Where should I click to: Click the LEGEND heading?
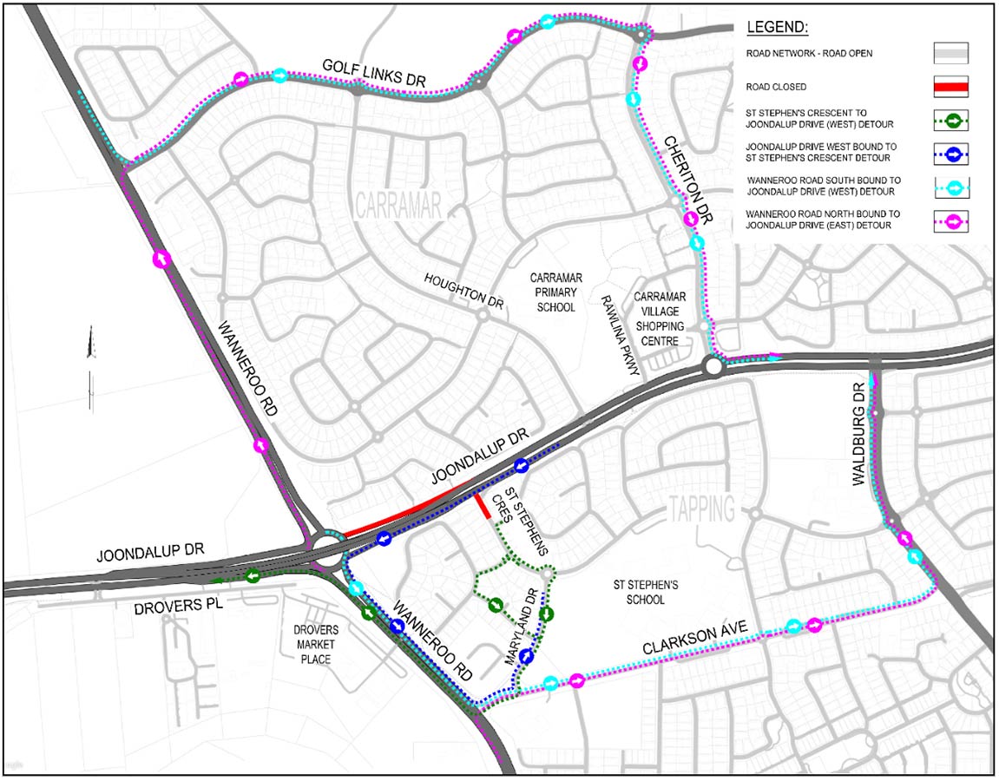[x=777, y=27]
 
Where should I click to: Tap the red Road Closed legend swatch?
[x=950, y=87]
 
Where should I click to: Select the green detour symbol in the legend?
[x=951, y=121]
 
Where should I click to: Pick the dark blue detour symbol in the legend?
[x=951, y=154]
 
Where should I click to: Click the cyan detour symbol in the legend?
[x=951, y=187]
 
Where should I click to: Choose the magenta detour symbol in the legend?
[x=951, y=220]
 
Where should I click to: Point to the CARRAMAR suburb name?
[x=399, y=206]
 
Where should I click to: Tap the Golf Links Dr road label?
[x=375, y=72]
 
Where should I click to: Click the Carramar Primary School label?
[x=556, y=292]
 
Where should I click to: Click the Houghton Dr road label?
[x=464, y=292]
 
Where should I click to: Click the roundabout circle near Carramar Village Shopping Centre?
[x=713, y=366]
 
